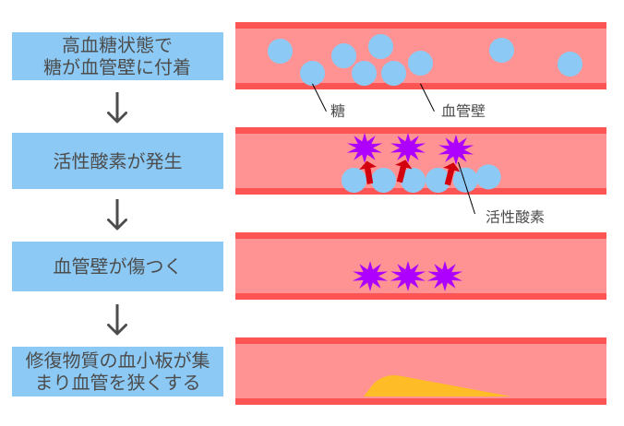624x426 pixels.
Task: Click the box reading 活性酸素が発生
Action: [x=118, y=161]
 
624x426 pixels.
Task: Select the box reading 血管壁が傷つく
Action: [x=118, y=267]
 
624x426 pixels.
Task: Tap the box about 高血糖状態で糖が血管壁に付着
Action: [x=118, y=56]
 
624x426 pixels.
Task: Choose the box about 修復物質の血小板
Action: [x=118, y=372]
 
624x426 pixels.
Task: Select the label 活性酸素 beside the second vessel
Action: [x=514, y=218]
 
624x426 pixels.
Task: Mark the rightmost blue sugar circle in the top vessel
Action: [x=570, y=64]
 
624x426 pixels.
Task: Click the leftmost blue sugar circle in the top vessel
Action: [x=280, y=51]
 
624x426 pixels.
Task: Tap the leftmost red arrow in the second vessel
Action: [x=368, y=171]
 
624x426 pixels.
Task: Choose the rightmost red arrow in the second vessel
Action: [x=450, y=172]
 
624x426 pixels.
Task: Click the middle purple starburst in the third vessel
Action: [x=407, y=276]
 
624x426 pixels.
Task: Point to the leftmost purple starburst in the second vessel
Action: [x=364, y=147]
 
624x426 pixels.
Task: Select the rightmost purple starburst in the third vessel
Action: [x=445, y=276]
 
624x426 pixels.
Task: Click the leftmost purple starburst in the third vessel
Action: [x=369, y=276]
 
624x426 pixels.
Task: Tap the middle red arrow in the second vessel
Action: [x=403, y=172]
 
